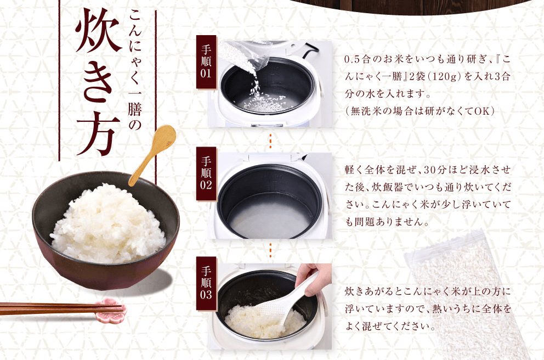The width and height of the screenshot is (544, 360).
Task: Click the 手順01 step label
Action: [206, 62]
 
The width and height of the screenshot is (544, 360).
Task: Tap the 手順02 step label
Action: [206, 173]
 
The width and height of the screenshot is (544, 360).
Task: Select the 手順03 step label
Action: [206, 283]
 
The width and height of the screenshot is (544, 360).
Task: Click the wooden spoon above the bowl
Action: [152, 154]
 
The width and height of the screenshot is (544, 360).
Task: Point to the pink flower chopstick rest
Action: [111, 310]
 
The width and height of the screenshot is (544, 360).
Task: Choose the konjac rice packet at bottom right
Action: [469, 295]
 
